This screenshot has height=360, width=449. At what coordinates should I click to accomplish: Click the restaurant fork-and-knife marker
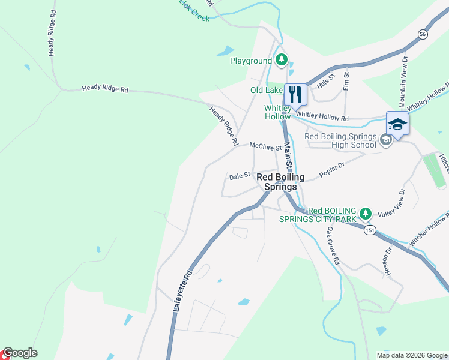[295, 94]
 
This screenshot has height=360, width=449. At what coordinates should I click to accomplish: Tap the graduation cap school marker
[397, 124]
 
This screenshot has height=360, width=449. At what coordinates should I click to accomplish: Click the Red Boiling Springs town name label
[280, 182]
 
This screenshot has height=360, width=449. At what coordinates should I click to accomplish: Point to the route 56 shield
[423, 35]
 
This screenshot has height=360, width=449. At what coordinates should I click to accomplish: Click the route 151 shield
[370, 230]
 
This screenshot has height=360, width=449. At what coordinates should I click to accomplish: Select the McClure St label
[265, 146]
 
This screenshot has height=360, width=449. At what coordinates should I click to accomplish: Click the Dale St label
[240, 177]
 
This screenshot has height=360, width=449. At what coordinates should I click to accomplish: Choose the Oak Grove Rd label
[333, 247]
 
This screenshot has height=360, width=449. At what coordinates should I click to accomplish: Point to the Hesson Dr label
[388, 261]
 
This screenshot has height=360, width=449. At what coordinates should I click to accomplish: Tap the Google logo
[20, 353]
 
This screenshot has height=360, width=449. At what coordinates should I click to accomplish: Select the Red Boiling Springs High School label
[340, 140]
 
